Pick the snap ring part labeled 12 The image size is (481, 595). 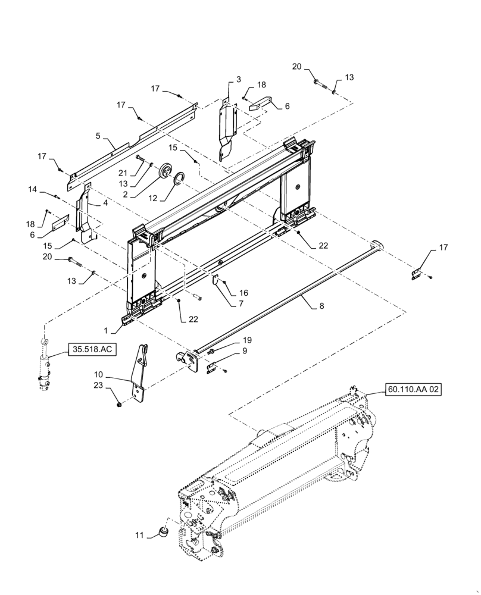pyautogui.click(x=179, y=178)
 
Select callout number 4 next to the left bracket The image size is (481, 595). pyautogui.click(x=105, y=203)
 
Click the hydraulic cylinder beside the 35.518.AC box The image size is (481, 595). pyautogui.click(x=43, y=366)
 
